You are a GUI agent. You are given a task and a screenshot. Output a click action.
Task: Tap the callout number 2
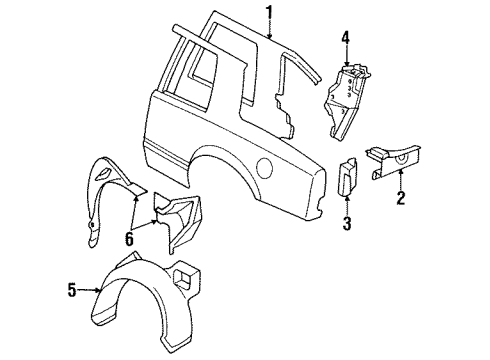[x=400, y=198]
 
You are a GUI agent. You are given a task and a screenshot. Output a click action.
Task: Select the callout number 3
[x=348, y=222]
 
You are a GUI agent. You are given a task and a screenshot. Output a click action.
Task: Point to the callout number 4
[x=344, y=40]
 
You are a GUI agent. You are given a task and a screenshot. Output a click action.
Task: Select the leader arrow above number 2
[x=400, y=177]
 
